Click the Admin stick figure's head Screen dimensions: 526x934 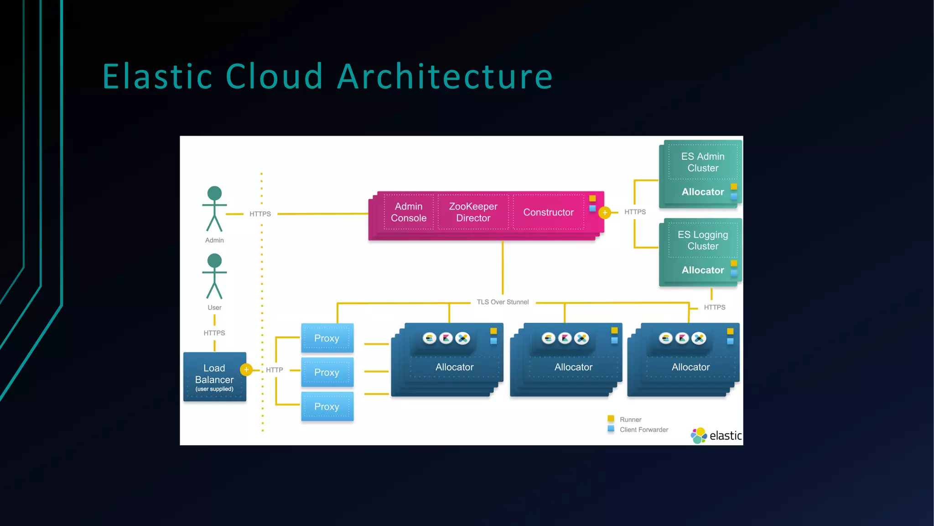click(214, 193)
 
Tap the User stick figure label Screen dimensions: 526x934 click(214, 308)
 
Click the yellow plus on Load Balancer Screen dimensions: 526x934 click(246, 369)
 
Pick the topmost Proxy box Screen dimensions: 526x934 click(327, 338)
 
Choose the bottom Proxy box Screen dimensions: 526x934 click(327, 406)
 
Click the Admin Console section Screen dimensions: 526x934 click(409, 212)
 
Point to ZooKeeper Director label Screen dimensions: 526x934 click(473, 212)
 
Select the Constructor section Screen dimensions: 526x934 click(548, 212)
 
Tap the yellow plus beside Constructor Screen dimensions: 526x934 click(605, 212)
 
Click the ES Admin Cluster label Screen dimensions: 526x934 click(703, 162)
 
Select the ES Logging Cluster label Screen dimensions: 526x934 click(703, 240)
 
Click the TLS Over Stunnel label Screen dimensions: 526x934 click(503, 302)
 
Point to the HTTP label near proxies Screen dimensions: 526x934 click(275, 370)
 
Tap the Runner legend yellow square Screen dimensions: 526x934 click(611, 419)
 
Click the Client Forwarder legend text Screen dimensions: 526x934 click(643, 430)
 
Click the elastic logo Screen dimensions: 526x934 click(716, 436)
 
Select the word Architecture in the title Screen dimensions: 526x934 click(445, 76)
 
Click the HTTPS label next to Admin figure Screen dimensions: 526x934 click(260, 214)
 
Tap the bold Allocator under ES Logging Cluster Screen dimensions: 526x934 click(702, 270)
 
